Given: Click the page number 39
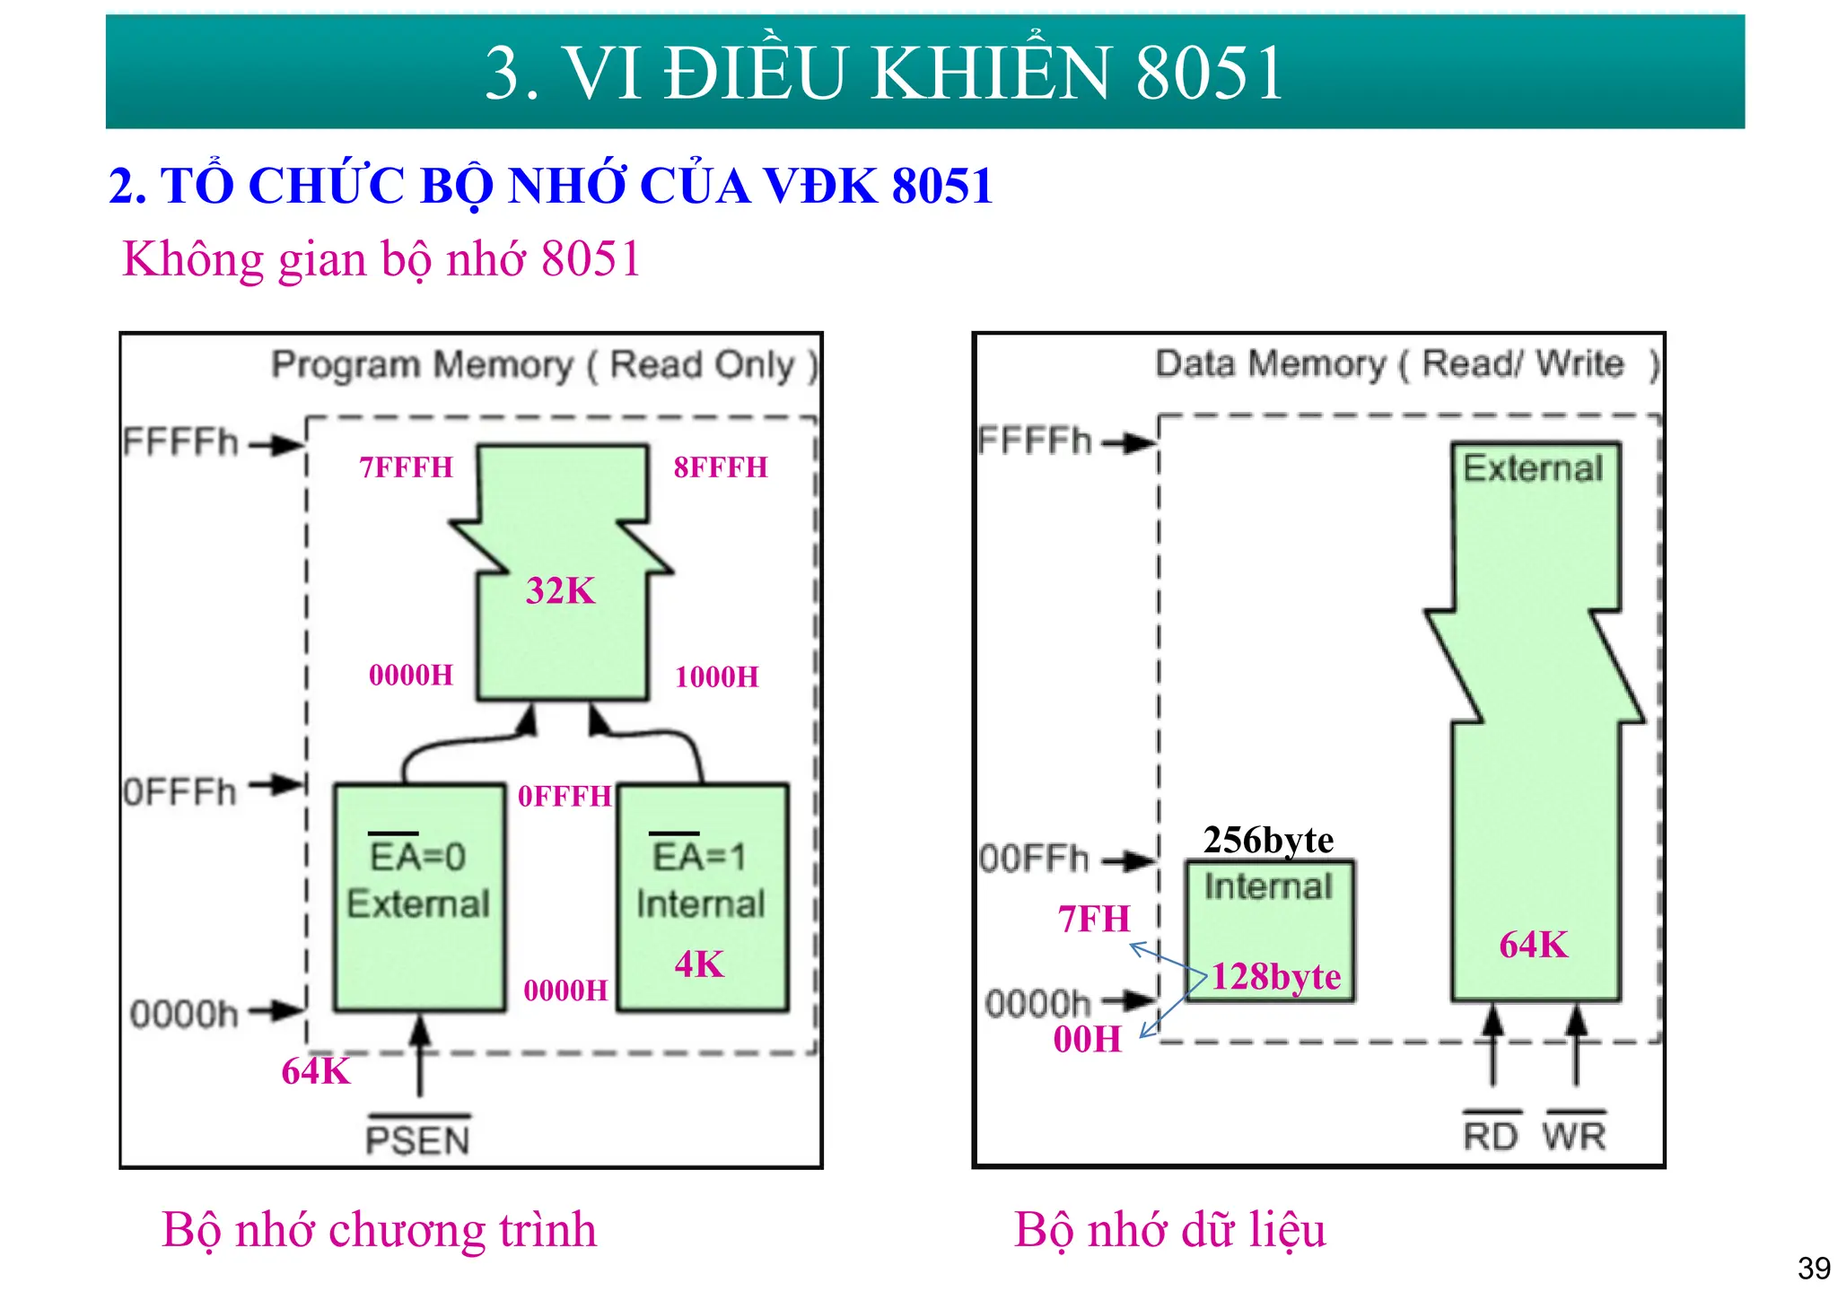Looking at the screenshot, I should point(1814,1269).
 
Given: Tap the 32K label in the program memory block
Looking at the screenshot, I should point(561,590).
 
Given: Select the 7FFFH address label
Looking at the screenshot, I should point(407,467).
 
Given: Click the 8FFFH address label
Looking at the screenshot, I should point(721,467).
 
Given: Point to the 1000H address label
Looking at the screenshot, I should point(716,676).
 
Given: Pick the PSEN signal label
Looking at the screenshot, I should point(418,1140).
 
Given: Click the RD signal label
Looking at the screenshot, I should point(1490,1136).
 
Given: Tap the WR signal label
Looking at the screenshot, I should point(1574,1136).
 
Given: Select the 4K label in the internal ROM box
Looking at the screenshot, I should point(699,964).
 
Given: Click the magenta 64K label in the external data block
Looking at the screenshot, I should point(1534,945).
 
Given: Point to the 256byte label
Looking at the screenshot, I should point(1268,840).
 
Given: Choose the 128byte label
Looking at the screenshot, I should point(1276,976).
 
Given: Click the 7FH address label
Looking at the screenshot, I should point(1094,919).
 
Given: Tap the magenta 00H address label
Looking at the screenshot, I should point(1088,1039).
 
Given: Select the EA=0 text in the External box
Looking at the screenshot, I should point(418,857).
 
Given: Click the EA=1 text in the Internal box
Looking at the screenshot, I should point(700,857).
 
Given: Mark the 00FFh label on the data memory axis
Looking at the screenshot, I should point(1034,859).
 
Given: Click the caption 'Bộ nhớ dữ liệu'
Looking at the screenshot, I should point(1169,1229).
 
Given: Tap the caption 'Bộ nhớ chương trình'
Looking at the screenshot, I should point(379,1229).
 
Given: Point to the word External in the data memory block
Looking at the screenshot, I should point(1533,468).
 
